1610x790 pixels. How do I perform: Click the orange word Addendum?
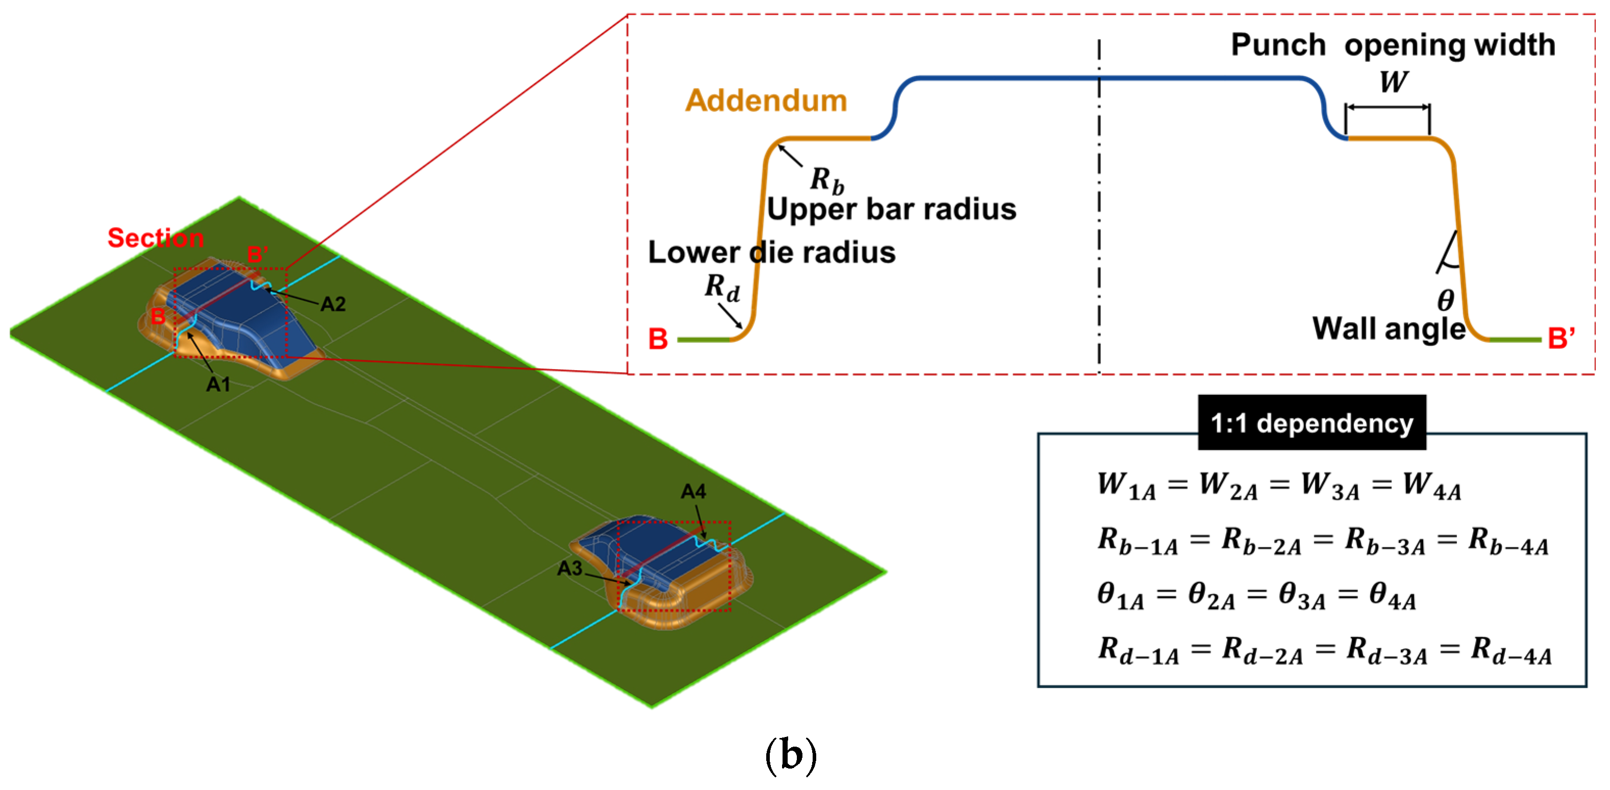766,100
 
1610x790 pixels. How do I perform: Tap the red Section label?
156,238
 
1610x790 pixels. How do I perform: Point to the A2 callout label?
333,304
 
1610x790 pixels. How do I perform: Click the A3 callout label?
569,568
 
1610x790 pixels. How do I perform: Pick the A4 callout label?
693,492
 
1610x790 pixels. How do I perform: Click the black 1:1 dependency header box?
1312,422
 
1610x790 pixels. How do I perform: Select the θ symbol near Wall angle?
1446,300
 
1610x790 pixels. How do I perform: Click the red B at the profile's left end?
658,339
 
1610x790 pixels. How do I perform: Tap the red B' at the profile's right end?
1561,338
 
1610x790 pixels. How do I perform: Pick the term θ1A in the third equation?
1121,596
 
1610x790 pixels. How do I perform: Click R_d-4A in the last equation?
1511,651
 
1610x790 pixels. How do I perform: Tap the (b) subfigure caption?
791,756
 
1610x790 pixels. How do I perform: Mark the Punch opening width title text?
1393,45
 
